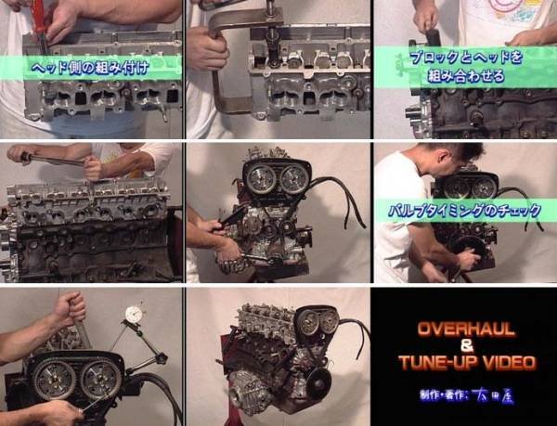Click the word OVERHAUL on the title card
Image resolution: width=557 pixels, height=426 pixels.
point(463,329)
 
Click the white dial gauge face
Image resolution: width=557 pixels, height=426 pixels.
point(136,316)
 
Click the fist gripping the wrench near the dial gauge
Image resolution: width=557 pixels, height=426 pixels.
point(70,307)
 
